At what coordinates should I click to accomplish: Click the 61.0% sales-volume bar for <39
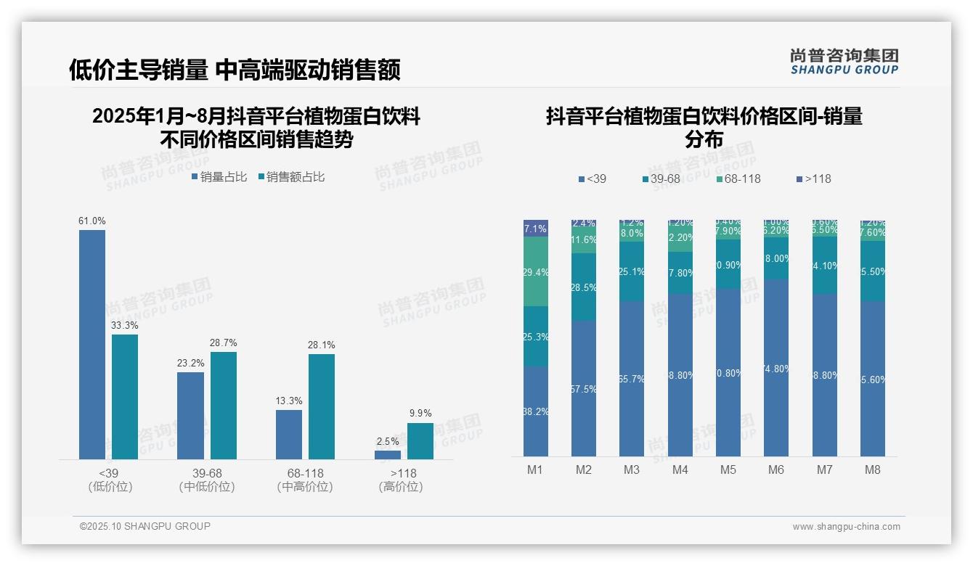[92, 344]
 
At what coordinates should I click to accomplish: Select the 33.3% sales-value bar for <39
[125, 396]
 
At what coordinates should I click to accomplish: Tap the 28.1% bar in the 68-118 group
[322, 406]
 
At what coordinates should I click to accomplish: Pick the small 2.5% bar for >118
[388, 455]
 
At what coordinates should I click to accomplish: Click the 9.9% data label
[420, 413]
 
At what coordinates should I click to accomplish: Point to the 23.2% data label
[190, 363]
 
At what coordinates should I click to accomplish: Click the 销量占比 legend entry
[219, 177]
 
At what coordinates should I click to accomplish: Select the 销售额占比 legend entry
[291, 177]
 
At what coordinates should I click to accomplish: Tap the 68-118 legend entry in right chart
[738, 179]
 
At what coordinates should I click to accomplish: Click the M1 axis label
[535, 469]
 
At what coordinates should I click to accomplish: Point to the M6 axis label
[776, 469]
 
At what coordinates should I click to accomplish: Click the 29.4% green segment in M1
[536, 271]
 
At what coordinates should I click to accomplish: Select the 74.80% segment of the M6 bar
[776, 368]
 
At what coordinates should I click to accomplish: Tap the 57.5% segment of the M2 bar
[584, 388]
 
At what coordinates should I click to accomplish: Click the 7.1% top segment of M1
[536, 228]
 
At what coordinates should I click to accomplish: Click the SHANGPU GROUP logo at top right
[844, 62]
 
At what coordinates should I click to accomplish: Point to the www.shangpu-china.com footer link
[846, 527]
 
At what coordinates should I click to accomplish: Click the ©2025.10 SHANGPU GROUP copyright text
[145, 526]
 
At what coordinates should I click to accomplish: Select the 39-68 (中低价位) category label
[207, 480]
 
